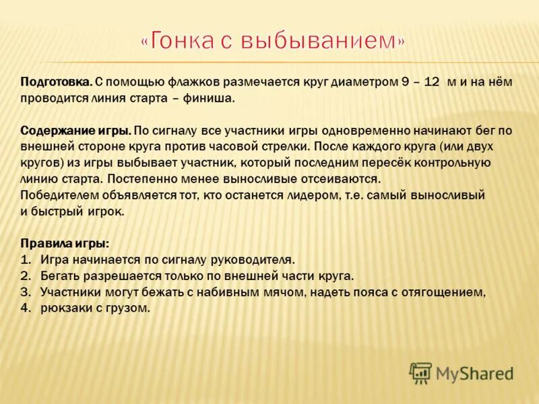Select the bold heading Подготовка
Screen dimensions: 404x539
pyautogui.click(x=56, y=82)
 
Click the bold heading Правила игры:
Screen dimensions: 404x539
pyautogui.click(x=65, y=243)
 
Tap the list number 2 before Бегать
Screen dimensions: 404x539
pyautogui.click(x=26, y=276)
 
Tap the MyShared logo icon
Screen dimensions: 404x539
pyautogui.click(x=420, y=372)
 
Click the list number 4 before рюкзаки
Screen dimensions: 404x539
pyautogui.click(x=26, y=308)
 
